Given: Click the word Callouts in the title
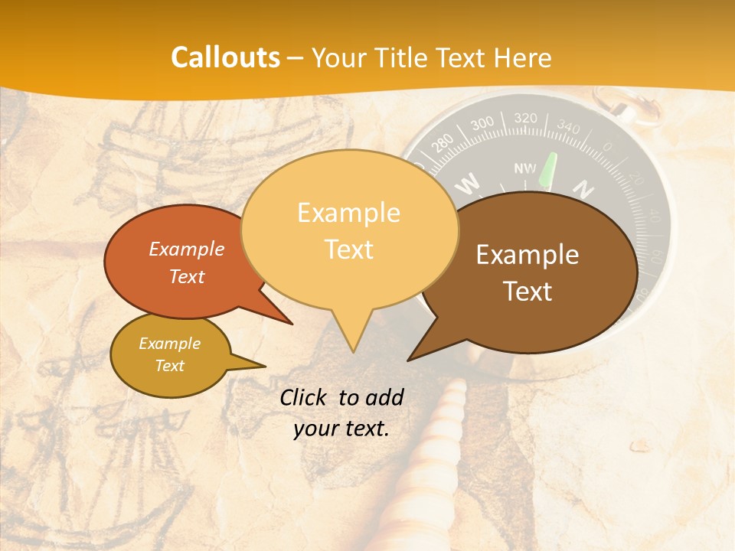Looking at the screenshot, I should coord(225,57).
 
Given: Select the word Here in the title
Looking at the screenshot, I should coord(524,57).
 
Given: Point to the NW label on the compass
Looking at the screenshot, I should coord(525,168).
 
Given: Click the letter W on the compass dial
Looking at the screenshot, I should coord(469,183).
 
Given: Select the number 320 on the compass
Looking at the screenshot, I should coord(525,119).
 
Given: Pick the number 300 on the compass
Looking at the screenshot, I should coord(482,125).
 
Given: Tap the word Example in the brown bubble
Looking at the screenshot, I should coord(528,255).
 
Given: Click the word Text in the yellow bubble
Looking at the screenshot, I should coord(349,249).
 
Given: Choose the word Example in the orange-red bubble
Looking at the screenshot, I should coord(187,249).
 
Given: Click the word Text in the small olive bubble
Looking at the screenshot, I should coord(170,366).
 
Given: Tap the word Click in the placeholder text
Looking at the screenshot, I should coord(305,397).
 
